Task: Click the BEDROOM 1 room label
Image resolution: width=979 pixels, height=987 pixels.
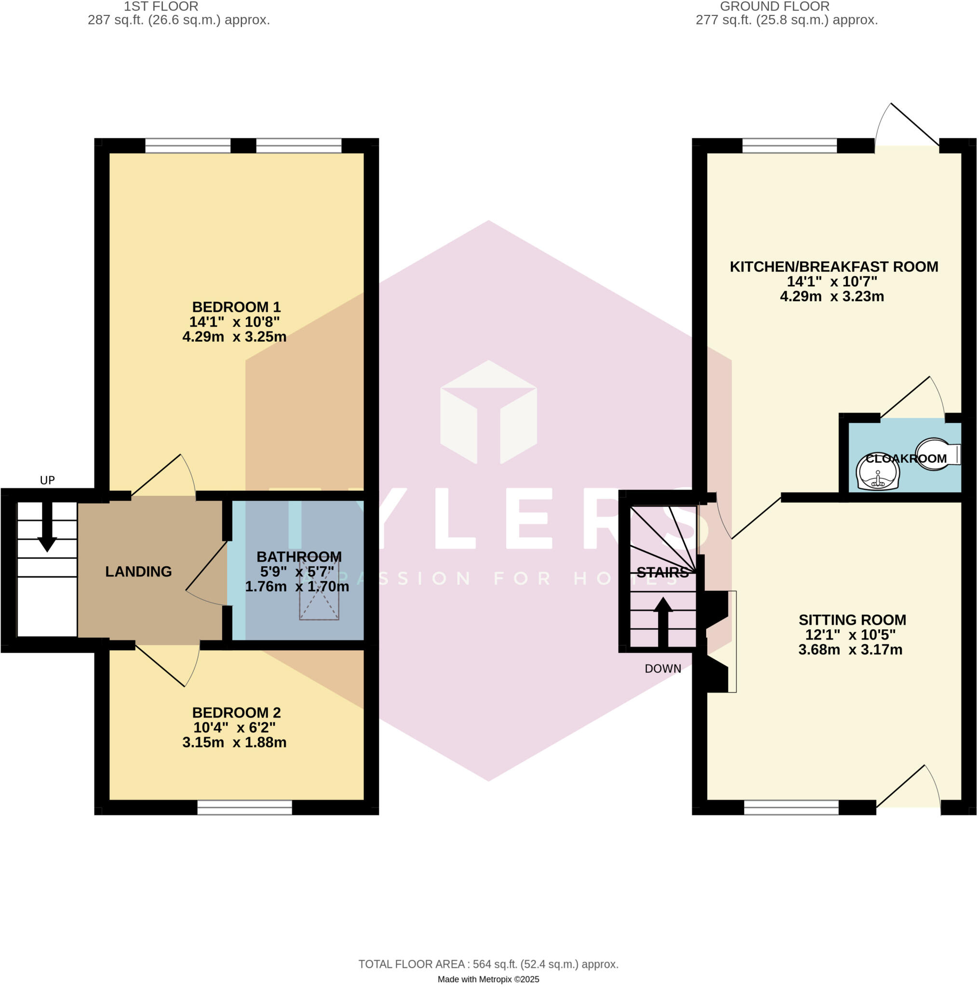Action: (x=236, y=307)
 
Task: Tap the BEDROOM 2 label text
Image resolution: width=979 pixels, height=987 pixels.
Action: (x=236, y=713)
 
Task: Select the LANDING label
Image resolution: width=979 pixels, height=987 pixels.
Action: (x=138, y=572)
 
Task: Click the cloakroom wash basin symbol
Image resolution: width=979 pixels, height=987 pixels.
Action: (x=878, y=471)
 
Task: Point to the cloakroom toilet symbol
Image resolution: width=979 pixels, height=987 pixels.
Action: (x=938, y=453)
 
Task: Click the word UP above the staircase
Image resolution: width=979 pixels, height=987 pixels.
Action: (x=47, y=480)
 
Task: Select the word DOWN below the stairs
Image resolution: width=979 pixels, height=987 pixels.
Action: (x=663, y=669)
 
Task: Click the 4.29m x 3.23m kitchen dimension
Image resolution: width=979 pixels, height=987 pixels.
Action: (x=832, y=296)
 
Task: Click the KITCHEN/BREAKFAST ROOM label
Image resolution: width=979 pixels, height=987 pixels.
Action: (x=834, y=267)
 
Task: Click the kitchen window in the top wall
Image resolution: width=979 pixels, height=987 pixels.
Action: (x=790, y=146)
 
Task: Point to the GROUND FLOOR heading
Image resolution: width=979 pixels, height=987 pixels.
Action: (x=775, y=7)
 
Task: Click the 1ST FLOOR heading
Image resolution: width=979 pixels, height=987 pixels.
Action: (x=161, y=7)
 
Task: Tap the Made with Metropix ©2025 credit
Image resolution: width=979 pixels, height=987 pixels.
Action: (x=488, y=979)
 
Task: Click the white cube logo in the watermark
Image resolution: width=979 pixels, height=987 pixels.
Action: (x=488, y=412)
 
